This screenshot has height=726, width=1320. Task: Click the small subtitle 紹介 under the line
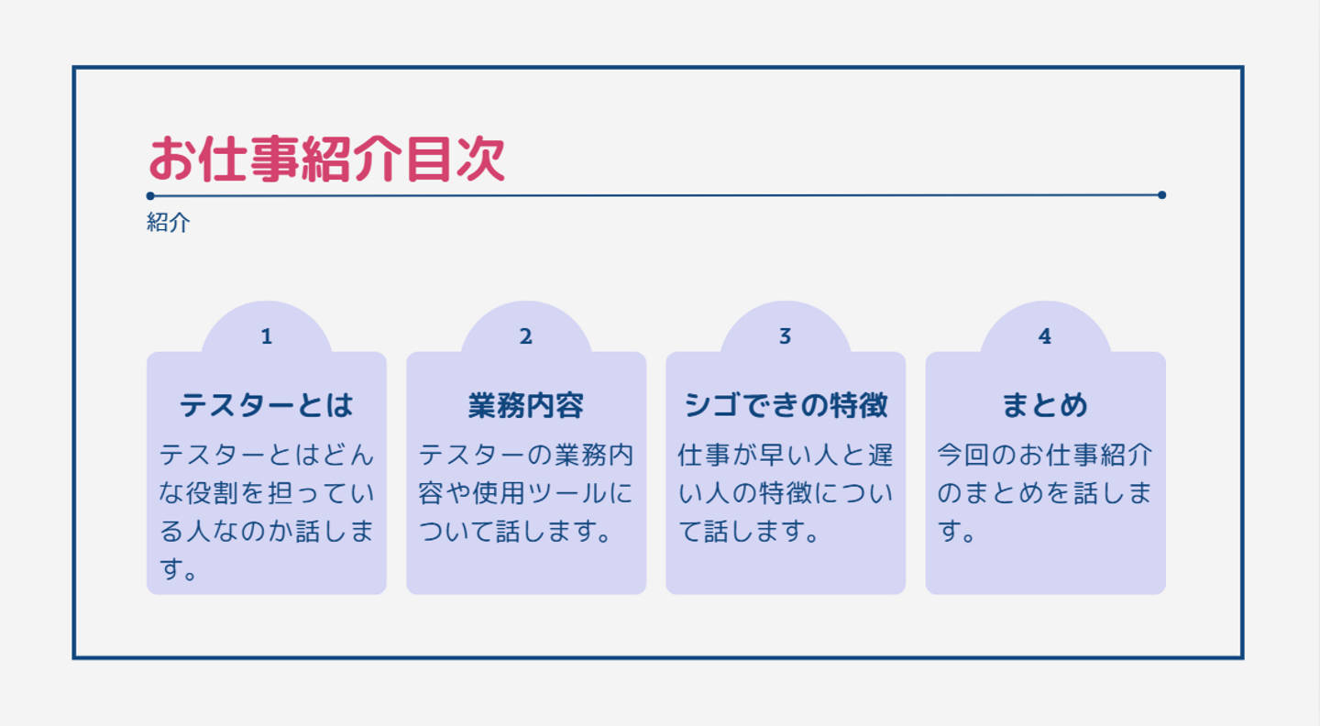[x=169, y=223]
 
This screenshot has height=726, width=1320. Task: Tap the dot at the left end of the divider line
[x=150, y=195]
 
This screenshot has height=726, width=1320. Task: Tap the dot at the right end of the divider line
[x=1161, y=195]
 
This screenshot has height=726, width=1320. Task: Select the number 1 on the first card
[x=267, y=336]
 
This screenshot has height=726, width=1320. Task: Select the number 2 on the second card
[x=525, y=336]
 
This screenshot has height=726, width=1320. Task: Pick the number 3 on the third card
[x=785, y=336]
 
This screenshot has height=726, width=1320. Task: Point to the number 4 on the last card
[x=1045, y=336]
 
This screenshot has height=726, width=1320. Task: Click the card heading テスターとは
[x=267, y=405]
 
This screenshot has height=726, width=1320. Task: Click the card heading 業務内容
[x=525, y=405]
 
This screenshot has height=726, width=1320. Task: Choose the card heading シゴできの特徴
[x=786, y=405]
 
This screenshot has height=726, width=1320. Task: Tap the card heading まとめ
[x=1045, y=405]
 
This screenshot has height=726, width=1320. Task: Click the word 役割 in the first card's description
[x=213, y=493]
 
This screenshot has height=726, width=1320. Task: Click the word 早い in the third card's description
[x=777, y=455]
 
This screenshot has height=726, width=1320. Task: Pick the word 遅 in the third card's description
[x=880, y=455]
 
